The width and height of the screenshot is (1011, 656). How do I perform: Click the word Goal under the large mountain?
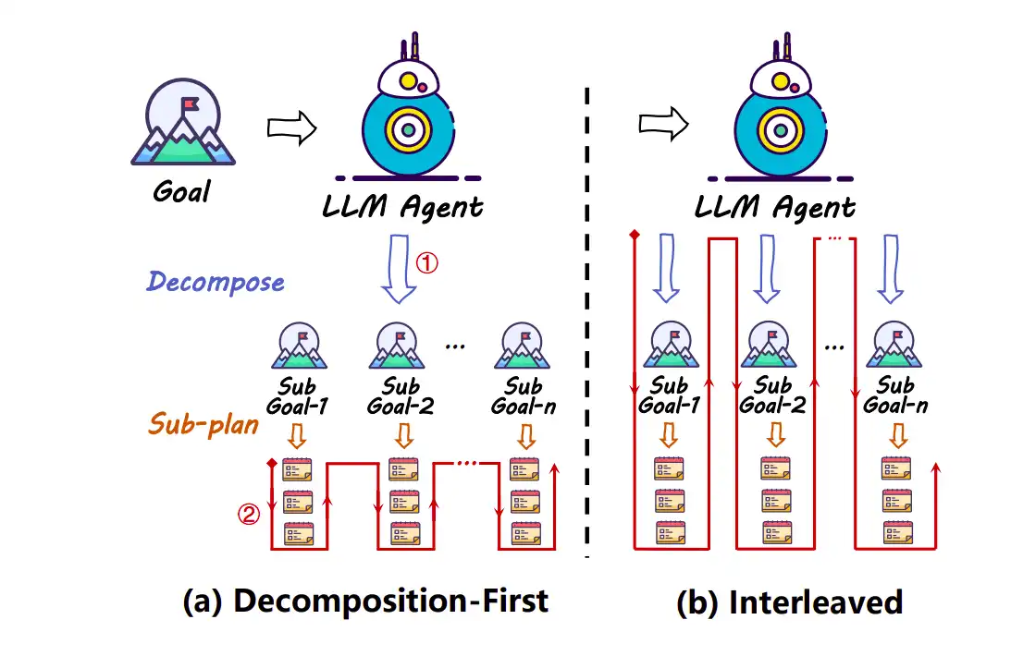(x=182, y=191)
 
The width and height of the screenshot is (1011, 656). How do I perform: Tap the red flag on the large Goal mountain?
(x=189, y=104)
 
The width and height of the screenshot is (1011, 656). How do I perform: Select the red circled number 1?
(x=426, y=262)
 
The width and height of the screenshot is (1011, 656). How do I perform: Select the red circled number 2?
(x=249, y=516)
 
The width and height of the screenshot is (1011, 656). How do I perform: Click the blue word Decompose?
(x=216, y=282)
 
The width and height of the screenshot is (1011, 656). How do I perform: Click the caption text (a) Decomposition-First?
(x=366, y=601)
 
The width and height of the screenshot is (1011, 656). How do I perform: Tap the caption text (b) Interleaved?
(x=789, y=602)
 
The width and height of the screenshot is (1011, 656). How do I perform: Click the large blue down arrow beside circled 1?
(x=399, y=268)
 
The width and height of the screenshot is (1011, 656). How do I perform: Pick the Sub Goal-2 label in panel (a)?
(x=401, y=395)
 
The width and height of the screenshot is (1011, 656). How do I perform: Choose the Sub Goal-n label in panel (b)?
(x=894, y=395)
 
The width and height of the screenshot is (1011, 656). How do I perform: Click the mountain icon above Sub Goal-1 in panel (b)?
(x=669, y=346)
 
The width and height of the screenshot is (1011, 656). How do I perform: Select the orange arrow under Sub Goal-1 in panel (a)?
(x=298, y=434)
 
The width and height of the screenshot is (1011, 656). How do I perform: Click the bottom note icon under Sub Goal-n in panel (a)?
(x=524, y=533)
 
